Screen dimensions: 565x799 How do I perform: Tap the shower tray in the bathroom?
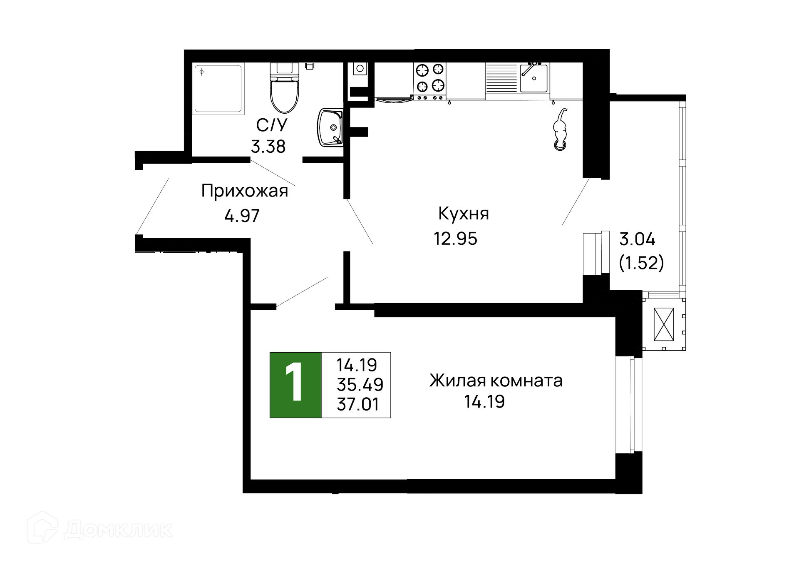coord(218,88)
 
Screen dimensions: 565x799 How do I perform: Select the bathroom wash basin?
coord(330,127)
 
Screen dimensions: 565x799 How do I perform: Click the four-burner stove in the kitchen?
coord(430,78)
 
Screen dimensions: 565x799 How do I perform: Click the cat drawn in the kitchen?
coord(560,131)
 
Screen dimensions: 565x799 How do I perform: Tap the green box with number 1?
coord(295,385)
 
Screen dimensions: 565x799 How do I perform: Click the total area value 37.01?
coord(358,404)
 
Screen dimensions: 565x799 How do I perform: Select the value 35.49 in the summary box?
coord(360,385)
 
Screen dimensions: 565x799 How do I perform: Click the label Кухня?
coord(464,214)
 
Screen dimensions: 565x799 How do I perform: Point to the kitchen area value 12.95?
coord(455,239)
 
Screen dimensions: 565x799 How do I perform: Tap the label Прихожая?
coord(245,191)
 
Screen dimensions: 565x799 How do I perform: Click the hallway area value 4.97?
coord(242,216)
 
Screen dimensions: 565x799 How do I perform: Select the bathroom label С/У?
coord(272,125)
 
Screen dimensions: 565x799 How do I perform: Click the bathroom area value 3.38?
coord(268,147)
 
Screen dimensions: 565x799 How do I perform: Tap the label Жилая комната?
coord(496,381)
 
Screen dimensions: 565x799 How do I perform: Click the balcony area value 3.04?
coord(637,239)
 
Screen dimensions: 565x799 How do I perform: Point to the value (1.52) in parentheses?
coord(641,263)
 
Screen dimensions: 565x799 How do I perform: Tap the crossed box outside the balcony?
coord(664,324)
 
